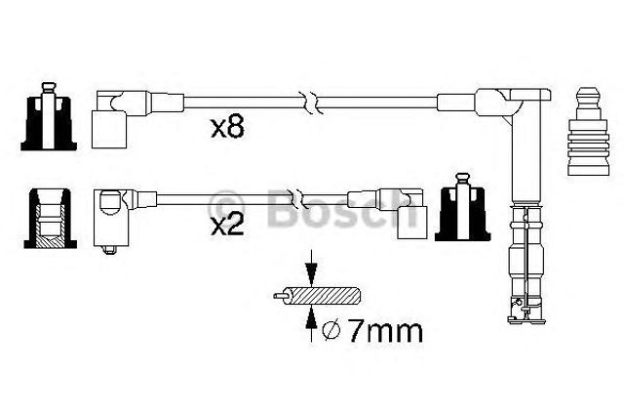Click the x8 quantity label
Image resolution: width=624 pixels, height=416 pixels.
click(227, 128)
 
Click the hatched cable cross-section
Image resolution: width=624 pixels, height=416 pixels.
click(325, 296)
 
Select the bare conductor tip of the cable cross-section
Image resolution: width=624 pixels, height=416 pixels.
click(281, 296)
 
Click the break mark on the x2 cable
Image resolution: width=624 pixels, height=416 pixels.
click(299, 198)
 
